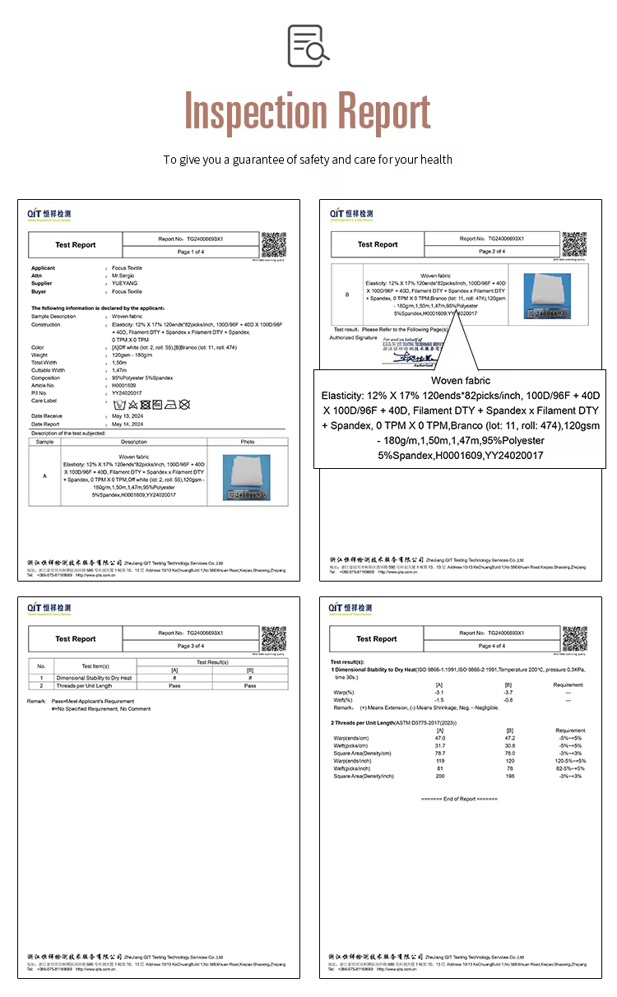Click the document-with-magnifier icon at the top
308,45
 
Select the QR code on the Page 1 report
273,244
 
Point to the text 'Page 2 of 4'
492,251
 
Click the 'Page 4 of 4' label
492,646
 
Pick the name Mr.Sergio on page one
124,276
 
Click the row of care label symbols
151,405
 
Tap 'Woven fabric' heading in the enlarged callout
460,381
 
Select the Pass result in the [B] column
250,685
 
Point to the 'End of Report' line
459,799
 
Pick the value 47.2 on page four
508,739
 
